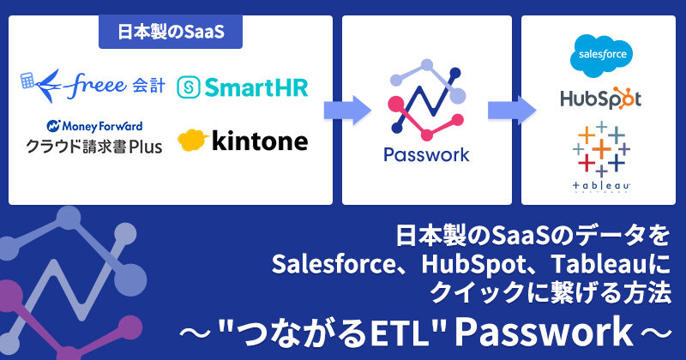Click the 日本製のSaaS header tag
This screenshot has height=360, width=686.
(x=171, y=32)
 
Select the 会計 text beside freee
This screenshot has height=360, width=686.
(x=148, y=86)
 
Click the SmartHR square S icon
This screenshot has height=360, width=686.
(x=189, y=87)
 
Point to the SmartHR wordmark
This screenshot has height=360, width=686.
(x=256, y=87)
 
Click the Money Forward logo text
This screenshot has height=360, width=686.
(x=94, y=126)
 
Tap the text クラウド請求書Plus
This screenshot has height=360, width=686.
(x=94, y=146)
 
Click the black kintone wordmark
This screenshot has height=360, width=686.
(x=260, y=141)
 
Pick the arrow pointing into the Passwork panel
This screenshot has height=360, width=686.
(x=347, y=111)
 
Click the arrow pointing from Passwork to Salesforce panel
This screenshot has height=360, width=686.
(x=512, y=111)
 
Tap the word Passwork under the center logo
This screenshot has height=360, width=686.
(x=426, y=155)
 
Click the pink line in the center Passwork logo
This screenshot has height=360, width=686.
(x=425, y=123)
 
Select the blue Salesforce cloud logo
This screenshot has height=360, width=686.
(x=602, y=56)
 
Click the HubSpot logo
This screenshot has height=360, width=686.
(x=601, y=99)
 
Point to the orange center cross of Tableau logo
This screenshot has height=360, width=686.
(x=602, y=149)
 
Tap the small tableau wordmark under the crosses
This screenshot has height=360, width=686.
(x=602, y=186)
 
